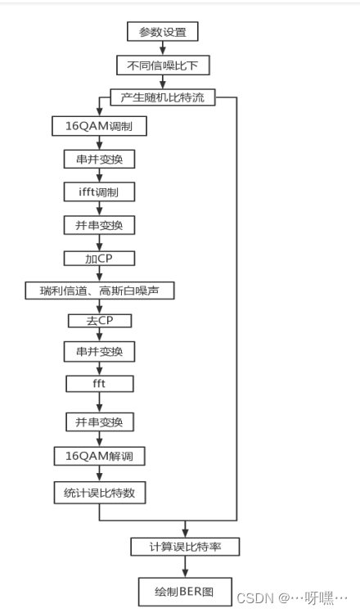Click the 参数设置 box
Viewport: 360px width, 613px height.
tap(163, 32)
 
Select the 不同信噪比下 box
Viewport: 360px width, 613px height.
tap(163, 65)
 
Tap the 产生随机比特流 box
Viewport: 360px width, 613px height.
tap(163, 97)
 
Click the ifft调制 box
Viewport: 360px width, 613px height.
tap(99, 192)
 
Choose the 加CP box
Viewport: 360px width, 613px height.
tap(99, 258)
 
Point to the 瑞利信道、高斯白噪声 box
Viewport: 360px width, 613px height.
tap(99, 291)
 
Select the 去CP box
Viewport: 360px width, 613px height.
tap(99, 320)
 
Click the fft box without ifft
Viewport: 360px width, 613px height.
tap(99, 383)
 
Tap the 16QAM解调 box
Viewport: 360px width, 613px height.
tap(99, 454)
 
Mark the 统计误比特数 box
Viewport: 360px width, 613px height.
tap(99, 492)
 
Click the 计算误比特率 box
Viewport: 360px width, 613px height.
tap(187, 547)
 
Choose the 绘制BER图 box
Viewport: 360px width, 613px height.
tap(187, 589)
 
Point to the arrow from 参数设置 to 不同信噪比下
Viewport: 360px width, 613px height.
tap(163, 48)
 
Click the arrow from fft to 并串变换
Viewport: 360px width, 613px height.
tap(99, 403)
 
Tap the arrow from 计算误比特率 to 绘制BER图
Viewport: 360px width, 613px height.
tap(187, 567)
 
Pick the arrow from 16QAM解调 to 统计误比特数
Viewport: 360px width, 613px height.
tap(99, 473)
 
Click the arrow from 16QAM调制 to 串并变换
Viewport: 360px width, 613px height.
tap(99, 142)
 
